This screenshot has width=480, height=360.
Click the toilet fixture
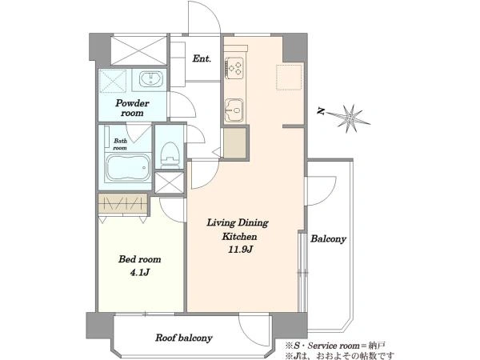tap(170, 155)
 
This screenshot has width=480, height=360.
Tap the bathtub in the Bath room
tap(128, 168)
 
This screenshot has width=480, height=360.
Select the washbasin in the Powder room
tap(151, 79)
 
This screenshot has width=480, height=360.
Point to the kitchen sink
tap(234, 110)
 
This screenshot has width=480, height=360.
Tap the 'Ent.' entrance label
tap(202, 58)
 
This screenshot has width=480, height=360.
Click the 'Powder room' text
tap(132, 108)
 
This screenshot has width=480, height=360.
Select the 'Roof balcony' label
tap(184, 338)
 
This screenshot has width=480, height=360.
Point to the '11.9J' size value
tap(240, 250)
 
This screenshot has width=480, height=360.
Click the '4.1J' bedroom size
tap(139, 273)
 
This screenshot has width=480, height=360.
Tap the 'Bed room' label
tap(139, 259)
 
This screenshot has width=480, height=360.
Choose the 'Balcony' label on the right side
tap(329, 238)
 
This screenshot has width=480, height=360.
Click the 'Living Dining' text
tap(238, 222)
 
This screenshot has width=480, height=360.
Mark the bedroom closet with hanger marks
tap(123, 203)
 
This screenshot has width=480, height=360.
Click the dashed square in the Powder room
tap(113, 81)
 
